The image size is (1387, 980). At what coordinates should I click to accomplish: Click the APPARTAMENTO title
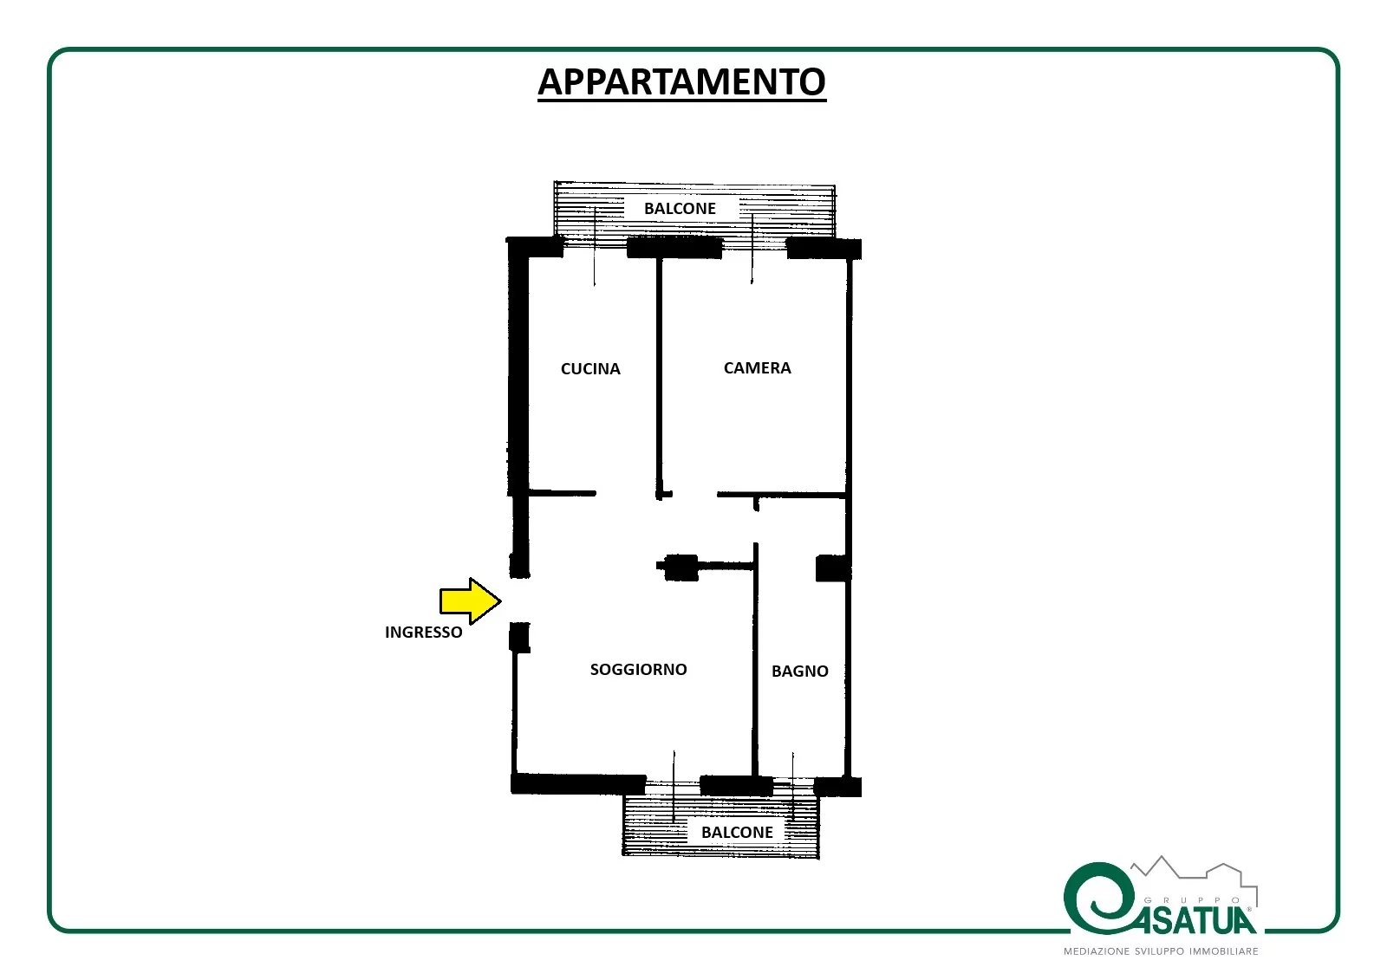681,81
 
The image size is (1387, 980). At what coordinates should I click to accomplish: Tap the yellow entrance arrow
470,600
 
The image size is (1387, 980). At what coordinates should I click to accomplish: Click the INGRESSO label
424,632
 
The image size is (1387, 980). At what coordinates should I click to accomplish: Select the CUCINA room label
590,369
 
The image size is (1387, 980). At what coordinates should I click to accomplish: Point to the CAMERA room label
758,367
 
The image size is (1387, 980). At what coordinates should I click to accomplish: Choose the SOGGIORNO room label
638,669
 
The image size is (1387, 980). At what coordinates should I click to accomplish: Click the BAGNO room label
800,671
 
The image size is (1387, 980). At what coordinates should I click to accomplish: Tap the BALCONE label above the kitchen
680,209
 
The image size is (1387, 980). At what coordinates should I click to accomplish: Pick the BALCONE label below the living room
737,832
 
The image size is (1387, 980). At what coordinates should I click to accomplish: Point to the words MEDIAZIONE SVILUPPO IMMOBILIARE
1161,951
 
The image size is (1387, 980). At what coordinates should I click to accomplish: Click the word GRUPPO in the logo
1193,900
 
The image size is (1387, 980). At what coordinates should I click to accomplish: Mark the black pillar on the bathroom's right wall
831,568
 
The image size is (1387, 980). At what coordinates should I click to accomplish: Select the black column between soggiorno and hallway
680,567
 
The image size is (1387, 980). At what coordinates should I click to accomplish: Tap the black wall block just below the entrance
519,638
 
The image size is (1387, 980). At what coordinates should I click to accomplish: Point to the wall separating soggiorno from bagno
755,660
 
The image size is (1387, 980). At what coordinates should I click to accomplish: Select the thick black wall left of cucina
518,368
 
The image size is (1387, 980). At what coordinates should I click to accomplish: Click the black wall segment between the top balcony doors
674,249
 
